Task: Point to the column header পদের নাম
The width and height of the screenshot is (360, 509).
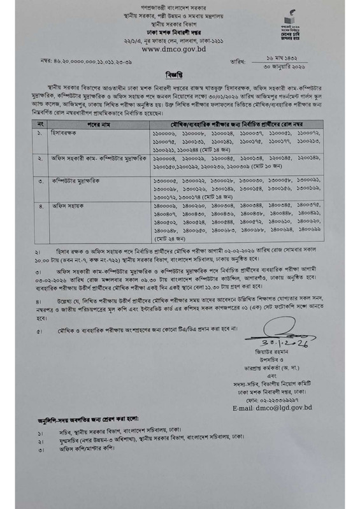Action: click(x=94, y=120)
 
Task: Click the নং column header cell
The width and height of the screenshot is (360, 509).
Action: click(x=40, y=120)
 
